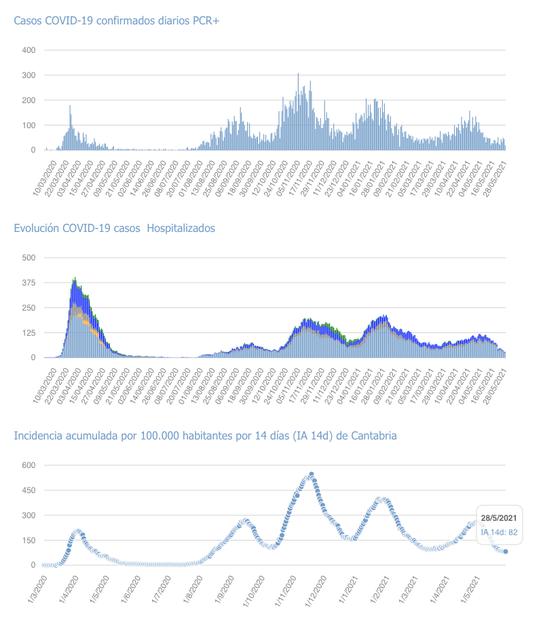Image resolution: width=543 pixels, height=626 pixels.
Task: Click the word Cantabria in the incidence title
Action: tap(373, 435)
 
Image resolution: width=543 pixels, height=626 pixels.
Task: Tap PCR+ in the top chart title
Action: tap(206, 21)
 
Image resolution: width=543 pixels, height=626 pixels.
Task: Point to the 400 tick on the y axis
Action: tap(29, 50)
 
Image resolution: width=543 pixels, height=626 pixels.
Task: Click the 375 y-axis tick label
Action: tap(29, 283)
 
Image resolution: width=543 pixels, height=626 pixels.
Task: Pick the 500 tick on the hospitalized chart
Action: tap(29, 258)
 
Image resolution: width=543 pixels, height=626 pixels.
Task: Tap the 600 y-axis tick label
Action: tap(29, 465)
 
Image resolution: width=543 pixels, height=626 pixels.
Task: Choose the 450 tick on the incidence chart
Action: tap(29, 490)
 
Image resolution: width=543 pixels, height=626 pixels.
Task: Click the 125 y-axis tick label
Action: tap(29, 333)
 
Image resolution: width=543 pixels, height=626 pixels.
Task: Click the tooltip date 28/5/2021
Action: tap(500, 519)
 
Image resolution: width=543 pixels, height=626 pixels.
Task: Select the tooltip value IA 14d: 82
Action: tap(500, 532)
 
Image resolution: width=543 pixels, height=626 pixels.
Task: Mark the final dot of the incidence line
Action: tap(506, 551)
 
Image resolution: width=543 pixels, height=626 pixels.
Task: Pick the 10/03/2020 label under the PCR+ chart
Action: tap(45, 178)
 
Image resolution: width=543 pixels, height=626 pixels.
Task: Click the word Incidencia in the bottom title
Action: tap(39, 435)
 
